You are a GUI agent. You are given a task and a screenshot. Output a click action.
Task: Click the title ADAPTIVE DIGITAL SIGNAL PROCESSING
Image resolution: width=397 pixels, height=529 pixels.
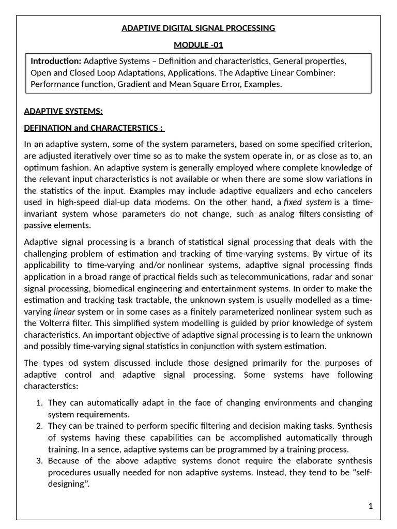pos(198,28)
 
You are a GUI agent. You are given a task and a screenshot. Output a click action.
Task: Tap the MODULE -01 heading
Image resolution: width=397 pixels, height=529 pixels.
pos(198,44)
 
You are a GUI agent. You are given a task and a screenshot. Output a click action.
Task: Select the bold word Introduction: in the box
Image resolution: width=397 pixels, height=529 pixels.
pos(56,61)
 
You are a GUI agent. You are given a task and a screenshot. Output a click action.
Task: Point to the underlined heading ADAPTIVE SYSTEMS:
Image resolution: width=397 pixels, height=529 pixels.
pos(63,111)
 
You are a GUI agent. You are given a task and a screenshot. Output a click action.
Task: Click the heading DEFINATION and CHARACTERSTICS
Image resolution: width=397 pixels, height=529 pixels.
pos(94,128)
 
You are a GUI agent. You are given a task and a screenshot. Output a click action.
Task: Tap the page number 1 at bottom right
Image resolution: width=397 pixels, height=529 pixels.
pos(370,506)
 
